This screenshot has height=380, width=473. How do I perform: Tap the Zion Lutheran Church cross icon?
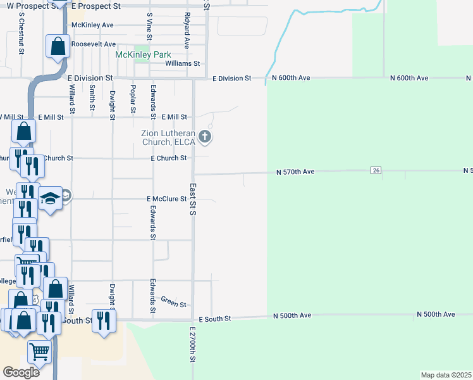[x=204, y=136]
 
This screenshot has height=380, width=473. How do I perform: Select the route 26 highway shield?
[x=376, y=170]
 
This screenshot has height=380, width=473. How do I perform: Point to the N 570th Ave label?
[x=295, y=172]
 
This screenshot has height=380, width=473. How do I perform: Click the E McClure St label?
[x=167, y=198]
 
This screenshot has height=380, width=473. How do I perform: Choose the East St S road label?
[x=193, y=199]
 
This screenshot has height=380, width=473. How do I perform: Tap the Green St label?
[x=173, y=301]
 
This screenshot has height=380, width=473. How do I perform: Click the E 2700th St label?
[x=193, y=345]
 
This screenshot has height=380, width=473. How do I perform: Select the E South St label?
[x=215, y=319]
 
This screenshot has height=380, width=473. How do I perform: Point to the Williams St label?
[x=182, y=64]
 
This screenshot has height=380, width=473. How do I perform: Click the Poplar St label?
[x=133, y=99]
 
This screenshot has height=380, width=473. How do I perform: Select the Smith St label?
[x=92, y=98]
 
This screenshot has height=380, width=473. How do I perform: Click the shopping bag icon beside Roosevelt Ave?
[x=58, y=46]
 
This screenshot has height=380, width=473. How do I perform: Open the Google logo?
[x=21, y=372]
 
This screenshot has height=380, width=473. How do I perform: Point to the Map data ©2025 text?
[x=446, y=375]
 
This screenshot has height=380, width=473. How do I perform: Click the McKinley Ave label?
[x=92, y=25]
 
